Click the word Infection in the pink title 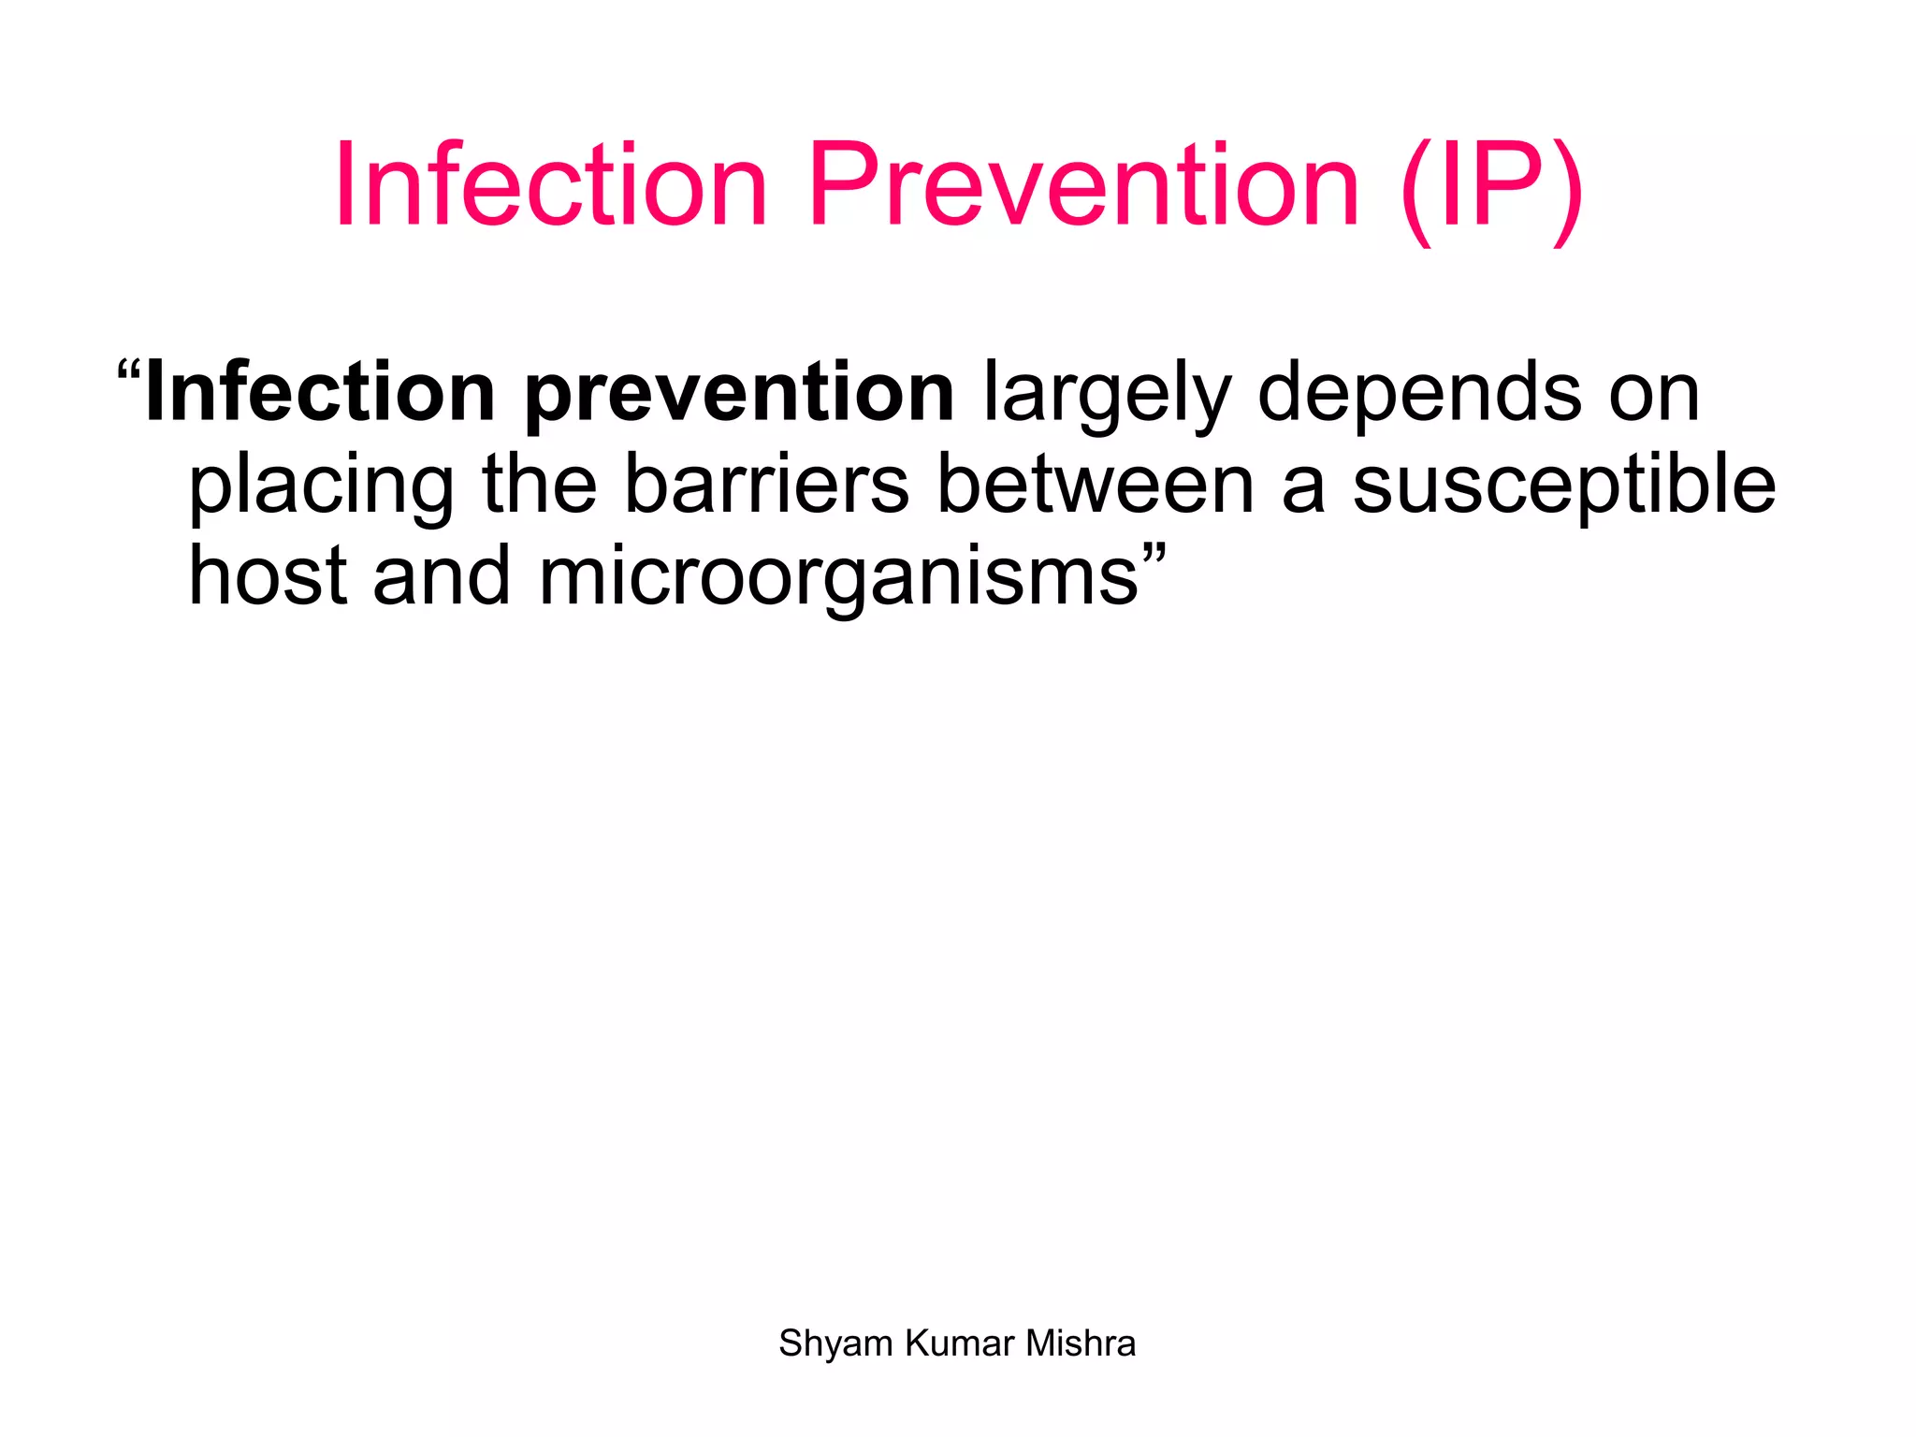(x=551, y=184)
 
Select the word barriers (x=766, y=485)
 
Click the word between (x=1096, y=485)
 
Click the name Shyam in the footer (x=835, y=1344)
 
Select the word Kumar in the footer (x=960, y=1343)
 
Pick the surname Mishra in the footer (x=1081, y=1343)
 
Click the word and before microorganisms (x=442, y=576)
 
